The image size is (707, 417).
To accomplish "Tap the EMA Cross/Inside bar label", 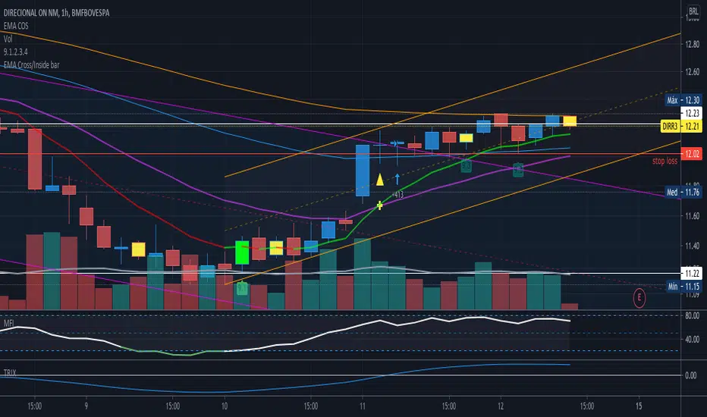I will point(32,65).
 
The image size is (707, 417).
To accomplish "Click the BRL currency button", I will point(693,11).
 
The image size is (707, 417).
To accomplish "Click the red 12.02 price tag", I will point(692,154).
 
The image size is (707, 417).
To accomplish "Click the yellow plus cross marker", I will point(380,205).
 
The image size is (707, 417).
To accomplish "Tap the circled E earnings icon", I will point(639,299).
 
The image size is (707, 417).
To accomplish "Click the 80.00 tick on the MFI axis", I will point(691,316).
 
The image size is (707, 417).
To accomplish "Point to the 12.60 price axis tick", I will point(692,73).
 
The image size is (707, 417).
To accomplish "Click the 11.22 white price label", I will point(692,272).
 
